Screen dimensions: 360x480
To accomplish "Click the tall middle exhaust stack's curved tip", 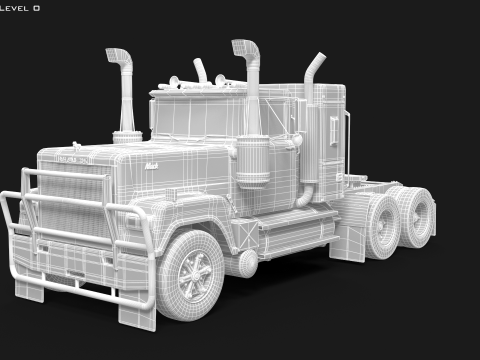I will pyautogui.click(x=242, y=48).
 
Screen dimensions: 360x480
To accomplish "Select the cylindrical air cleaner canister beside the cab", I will pyautogui.click(x=252, y=160).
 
